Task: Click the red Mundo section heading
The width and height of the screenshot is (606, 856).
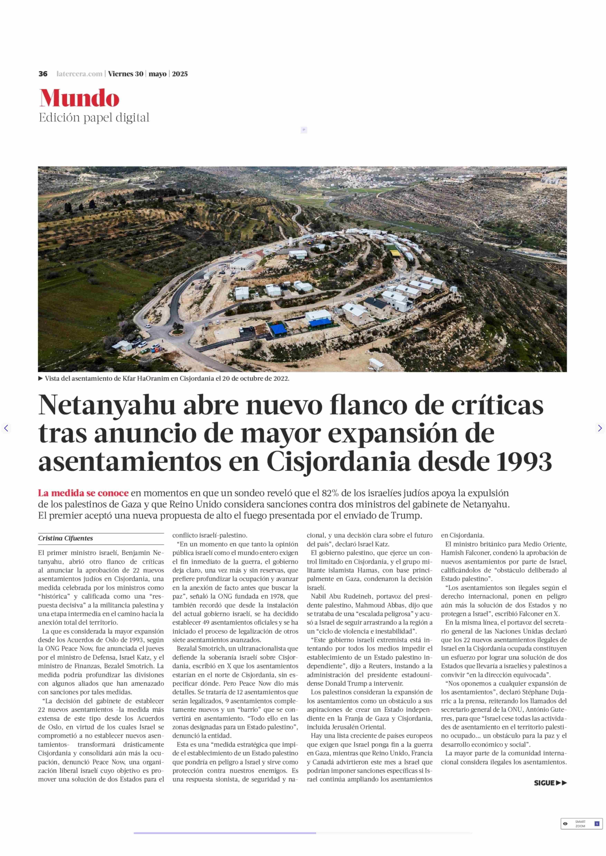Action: click(x=79, y=98)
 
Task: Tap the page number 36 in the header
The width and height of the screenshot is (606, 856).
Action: click(x=43, y=74)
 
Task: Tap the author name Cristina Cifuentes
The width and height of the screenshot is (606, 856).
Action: click(x=65, y=538)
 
